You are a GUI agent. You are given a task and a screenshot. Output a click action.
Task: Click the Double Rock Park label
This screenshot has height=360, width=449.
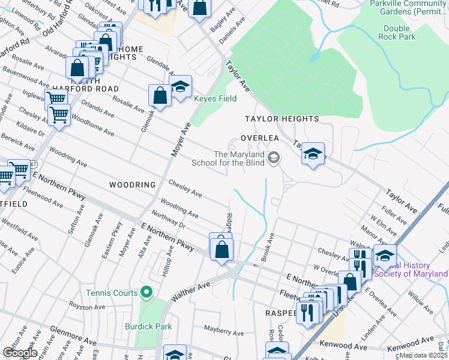(396, 32)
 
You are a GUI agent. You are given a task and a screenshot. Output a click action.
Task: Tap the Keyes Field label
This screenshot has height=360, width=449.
(214, 98)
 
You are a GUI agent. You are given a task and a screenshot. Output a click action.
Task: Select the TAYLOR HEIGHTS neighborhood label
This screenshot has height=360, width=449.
(281, 119)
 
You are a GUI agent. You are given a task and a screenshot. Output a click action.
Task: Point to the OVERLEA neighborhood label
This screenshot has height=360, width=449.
(260, 137)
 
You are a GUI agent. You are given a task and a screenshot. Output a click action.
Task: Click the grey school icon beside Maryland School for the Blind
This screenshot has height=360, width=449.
(274, 158)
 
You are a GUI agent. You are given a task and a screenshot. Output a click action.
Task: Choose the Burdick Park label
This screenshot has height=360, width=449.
(148, 327)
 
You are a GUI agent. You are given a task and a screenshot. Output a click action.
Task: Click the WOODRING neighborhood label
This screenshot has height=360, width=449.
(132, 185)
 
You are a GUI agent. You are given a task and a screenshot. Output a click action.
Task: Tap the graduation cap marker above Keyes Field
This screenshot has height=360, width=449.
(180, 87)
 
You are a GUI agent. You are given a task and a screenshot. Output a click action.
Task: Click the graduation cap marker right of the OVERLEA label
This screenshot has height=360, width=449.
(313, 154)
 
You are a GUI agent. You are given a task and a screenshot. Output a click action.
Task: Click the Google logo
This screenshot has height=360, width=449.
(20, 353)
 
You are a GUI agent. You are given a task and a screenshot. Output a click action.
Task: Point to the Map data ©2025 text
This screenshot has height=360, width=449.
(423, 355)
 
